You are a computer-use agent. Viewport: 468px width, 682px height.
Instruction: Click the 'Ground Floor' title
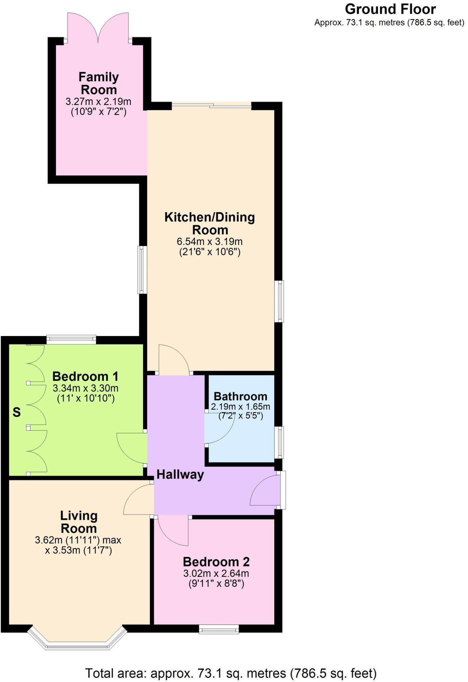390,9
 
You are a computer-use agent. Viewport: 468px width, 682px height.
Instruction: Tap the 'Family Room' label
99,83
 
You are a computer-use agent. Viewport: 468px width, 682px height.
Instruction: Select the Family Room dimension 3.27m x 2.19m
99,102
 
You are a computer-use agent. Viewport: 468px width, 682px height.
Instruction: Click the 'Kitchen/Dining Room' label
210,223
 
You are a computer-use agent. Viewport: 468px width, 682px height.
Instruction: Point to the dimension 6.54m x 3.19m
210,241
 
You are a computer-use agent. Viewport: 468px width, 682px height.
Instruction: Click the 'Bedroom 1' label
86,377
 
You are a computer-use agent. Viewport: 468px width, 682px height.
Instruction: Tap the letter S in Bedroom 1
17,413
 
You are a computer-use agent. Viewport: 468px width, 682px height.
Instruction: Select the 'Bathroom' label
240,397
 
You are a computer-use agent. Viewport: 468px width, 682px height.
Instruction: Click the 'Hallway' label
180,475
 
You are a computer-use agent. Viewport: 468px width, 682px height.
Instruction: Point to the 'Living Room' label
79,522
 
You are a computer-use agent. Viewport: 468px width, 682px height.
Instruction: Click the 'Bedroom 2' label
216,562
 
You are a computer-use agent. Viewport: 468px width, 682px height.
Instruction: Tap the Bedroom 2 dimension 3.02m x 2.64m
216,573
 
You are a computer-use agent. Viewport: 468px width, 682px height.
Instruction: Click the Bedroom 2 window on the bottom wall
219,629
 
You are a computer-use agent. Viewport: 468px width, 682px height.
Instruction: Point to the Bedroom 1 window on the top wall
71,340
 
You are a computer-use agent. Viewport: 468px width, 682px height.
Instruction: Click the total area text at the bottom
231,673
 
